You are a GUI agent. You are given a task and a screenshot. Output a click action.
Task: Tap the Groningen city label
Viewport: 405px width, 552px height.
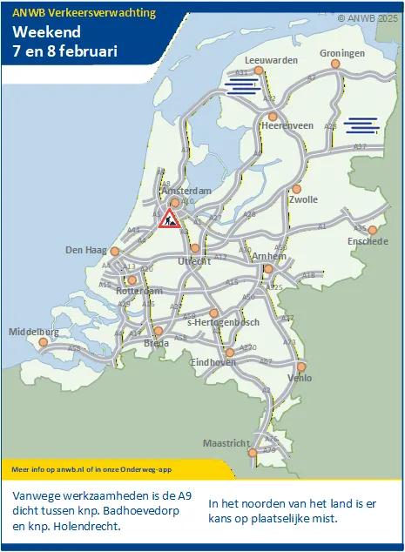click(341, 53)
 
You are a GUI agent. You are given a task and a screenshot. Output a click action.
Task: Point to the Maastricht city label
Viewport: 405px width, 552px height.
click(226, 443)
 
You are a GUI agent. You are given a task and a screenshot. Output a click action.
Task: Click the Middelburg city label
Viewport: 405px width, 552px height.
click(34, 332)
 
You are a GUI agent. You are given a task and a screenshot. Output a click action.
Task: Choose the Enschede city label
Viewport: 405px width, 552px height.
click(367, 241)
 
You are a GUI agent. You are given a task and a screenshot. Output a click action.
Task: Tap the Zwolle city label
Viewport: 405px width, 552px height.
click(302, 199)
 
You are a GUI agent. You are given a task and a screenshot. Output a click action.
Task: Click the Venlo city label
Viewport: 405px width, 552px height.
click(299, 379)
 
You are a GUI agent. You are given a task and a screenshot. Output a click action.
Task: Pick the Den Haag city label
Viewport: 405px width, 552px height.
click(85, 250)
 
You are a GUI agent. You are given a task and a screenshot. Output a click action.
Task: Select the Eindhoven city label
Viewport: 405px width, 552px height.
click(213, 362)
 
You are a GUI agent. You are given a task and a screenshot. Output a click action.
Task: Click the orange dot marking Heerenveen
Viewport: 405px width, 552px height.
click(273, 116)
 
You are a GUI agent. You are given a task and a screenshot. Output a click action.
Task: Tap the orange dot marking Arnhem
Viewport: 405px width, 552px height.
click(268, 269)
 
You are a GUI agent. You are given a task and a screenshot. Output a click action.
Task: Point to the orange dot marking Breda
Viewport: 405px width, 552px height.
click(158, 332)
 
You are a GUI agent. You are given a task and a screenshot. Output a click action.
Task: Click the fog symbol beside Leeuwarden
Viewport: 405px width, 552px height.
click(242, 85)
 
